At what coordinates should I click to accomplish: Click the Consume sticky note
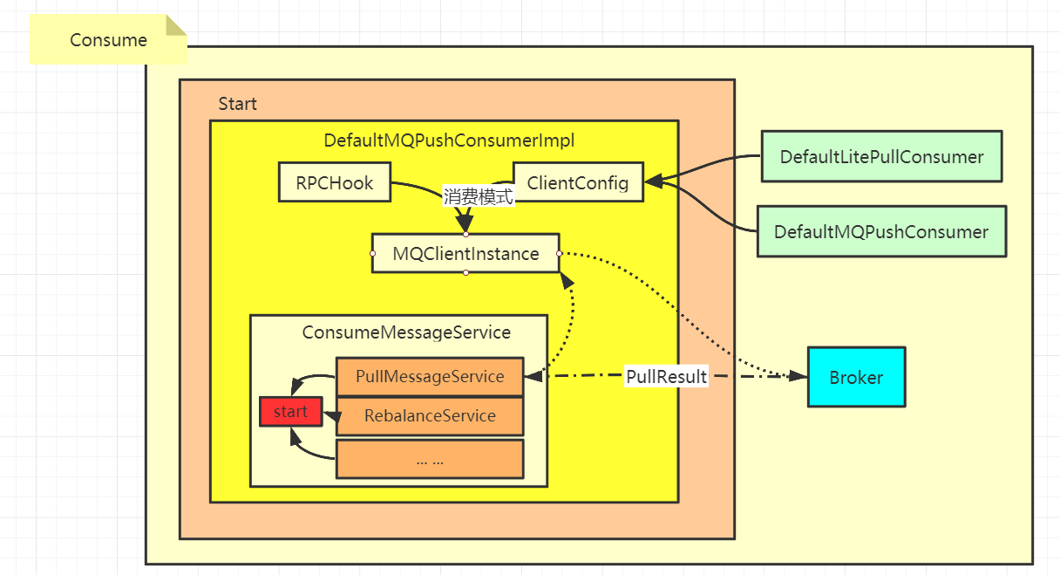pos(108,39)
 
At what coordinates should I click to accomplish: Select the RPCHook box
pos(335,182)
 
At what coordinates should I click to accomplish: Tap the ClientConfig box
pos(578,182)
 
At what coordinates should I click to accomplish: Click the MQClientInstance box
pos(465,253)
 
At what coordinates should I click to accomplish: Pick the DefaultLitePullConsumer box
pos(881,156)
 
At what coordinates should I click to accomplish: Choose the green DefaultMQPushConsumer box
pos(881,231)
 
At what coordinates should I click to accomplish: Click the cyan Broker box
pos(857,377)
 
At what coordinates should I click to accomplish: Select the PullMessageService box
pos(430,377)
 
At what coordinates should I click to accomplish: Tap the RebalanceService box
pos(430,416)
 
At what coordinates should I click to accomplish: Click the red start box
pos(291,411)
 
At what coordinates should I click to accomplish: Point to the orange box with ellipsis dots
pos(430,459)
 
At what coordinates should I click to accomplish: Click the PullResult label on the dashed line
pos(666,377)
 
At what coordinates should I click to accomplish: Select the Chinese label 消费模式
pos(478,196)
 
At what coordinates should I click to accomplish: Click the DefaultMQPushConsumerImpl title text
pos(449,140)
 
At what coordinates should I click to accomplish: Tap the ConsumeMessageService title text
pos(406,332)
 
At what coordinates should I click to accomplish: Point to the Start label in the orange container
pos(238,104)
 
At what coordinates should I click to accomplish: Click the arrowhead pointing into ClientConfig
pos(654,181)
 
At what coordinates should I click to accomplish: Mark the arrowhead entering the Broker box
pos(798,377)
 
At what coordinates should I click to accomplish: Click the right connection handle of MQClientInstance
pos(560,253)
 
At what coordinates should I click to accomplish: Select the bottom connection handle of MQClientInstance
pos(466,273)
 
